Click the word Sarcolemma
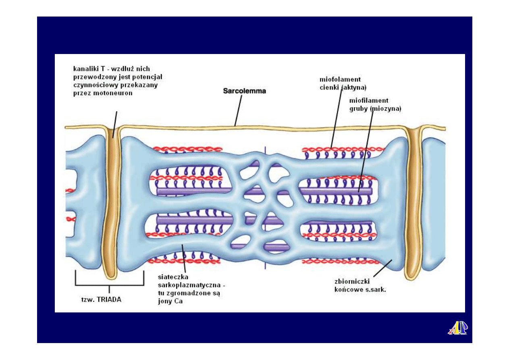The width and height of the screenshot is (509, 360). [x=244, y=92]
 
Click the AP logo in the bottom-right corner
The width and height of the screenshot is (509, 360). [x=457, y=328]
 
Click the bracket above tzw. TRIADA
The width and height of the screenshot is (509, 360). [x=109, y=284]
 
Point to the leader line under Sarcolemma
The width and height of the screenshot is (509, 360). [x=239, y=111]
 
